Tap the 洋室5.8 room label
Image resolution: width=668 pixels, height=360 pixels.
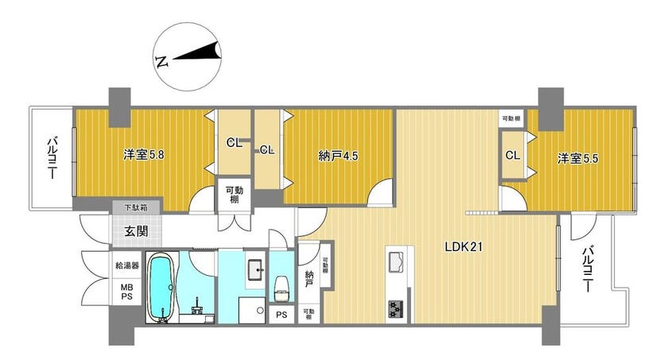click(x=144, y=154)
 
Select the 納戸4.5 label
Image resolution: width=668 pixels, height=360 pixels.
click(x=338, y=157)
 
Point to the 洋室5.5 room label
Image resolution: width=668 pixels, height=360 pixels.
click(x=577, y=159)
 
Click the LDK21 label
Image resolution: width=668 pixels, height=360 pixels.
click(x=464, y=247)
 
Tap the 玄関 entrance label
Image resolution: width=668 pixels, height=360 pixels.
click(x=136, y=231)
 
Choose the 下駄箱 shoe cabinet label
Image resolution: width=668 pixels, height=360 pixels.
click(x=136, y=208)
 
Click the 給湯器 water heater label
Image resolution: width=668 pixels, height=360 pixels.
click(x=127, y=265)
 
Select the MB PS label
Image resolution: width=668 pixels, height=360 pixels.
click(x=127, y=292)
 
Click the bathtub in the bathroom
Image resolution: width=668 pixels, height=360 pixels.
click(x=162, y=288)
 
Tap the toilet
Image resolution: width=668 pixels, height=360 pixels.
click(x=282, y=289)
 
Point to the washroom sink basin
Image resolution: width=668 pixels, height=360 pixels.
click(x=257, y=269)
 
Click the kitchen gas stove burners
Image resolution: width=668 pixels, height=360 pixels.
click(x=396, y=309)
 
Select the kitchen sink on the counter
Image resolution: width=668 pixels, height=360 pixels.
click(x=396, y=261)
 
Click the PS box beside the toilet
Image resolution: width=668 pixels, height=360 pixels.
click(x=282, y=315)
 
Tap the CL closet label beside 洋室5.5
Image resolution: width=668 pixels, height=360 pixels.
click(x=513, y=155)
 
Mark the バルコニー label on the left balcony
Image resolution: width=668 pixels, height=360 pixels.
click(x=52, y=157)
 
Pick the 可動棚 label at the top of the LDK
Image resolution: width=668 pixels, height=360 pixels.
click(x=511, y=118)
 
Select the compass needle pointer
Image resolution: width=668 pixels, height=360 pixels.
click(x=198, y=52)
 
